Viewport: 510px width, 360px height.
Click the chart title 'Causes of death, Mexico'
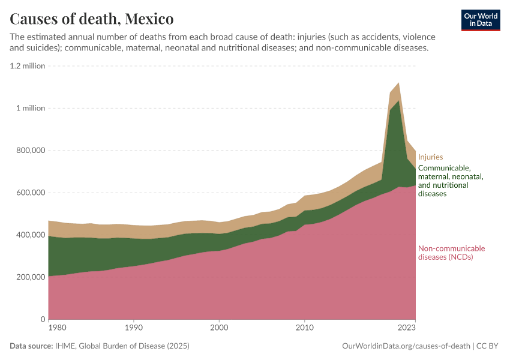pos(92,19)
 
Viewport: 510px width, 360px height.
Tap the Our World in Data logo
pos(480,20)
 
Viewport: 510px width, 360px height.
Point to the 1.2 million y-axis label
pos(28,66)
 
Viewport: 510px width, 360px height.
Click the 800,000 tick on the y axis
pos(29,151)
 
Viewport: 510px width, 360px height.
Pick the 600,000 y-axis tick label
pos(29,193)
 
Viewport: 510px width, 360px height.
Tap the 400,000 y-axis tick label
pos(29,235)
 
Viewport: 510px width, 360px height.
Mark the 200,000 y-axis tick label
pos(29,277)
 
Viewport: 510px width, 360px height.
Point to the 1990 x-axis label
pos(133,329)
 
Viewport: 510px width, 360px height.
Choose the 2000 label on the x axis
pos(219,329)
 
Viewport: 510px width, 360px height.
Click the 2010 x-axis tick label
pos(304,329)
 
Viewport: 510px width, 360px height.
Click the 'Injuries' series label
pos(430,157)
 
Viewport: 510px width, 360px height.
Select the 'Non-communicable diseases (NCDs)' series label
pos(451,253)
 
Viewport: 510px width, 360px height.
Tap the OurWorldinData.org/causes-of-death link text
pos(406,346)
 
